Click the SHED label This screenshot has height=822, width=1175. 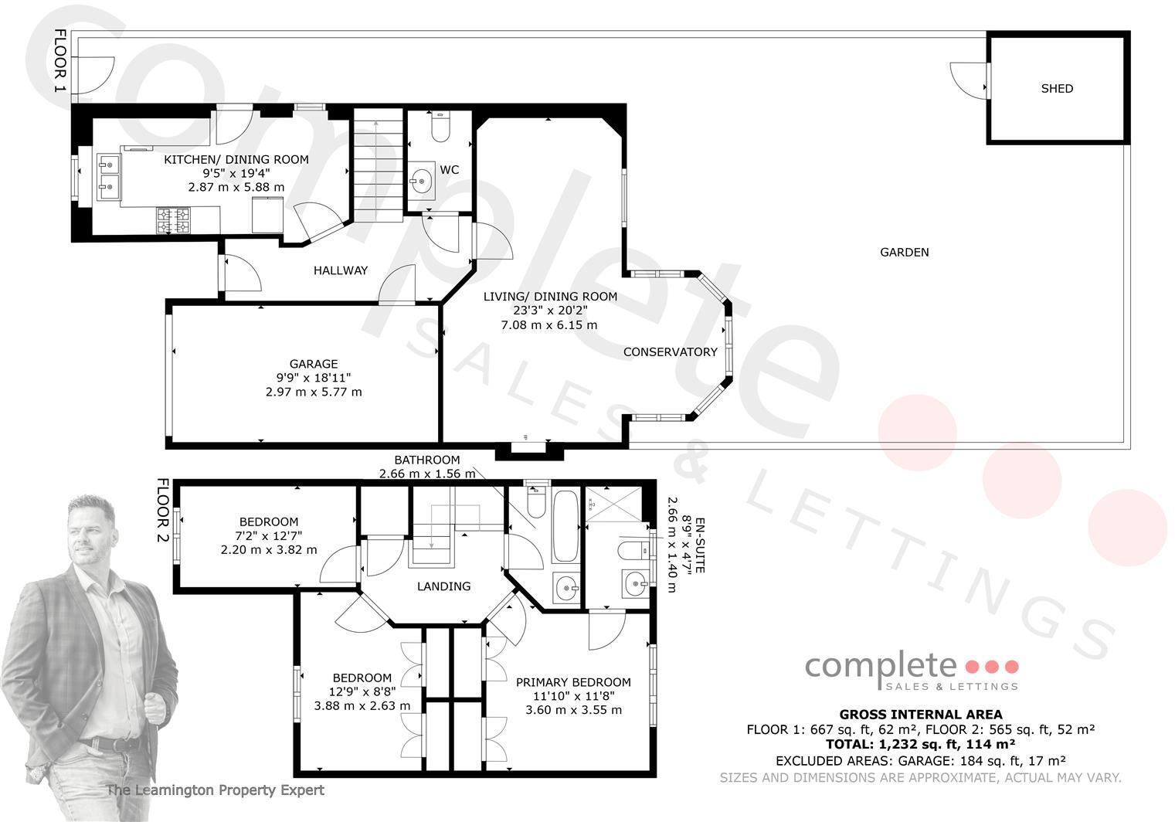click(x=1057, y=89)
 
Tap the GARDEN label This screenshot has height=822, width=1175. click(x=904, y=252)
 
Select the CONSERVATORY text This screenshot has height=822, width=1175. click(x=670, y=352)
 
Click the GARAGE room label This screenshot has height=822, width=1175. click(x=313, y=364)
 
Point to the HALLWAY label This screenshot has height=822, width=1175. click(x=340, y=270)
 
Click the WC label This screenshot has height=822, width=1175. click(x=449, y=170)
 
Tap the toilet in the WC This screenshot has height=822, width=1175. click(x=441, y=128)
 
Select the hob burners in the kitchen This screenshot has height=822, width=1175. click(x=174, y=220)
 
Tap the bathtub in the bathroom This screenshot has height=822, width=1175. click(x=565, y=526)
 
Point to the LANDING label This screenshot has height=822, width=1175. click(x=443, y=586)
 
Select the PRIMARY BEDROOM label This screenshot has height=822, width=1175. click(x=573, y=682)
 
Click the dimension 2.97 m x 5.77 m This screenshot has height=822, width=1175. click(x=313, y=392)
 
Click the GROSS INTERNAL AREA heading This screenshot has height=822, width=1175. click(x=920, y=715)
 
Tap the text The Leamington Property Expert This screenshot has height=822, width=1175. click(x=215, y=790)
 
